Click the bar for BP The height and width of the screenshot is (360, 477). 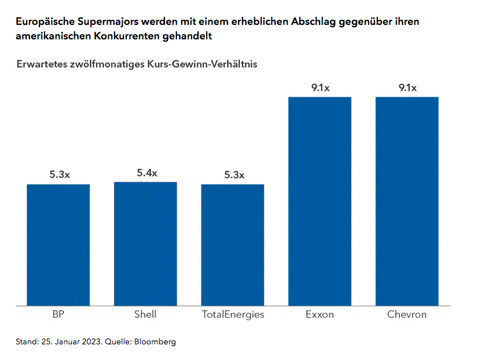tap(58, 244)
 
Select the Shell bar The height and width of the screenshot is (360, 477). tap(145, 243)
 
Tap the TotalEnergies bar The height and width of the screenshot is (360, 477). tap(233, 244)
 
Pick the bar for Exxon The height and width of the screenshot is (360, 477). tap(320, 201)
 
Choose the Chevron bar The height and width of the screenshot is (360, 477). tap(407, 201)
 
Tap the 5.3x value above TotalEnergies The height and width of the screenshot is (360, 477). tap(234, 175)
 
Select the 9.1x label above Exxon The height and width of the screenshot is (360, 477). tap(320, 88)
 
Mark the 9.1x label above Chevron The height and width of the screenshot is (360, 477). tap(408, 88)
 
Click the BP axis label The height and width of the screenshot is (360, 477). tap(58, 315)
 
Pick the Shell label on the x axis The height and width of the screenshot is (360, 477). tap(145, 315)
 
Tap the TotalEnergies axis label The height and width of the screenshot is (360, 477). tap(233, 315)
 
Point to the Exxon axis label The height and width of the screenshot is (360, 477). tap(320, 315)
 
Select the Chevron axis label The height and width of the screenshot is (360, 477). tap(407, 315)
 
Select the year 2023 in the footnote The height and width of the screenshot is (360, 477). tap(91, 341)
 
